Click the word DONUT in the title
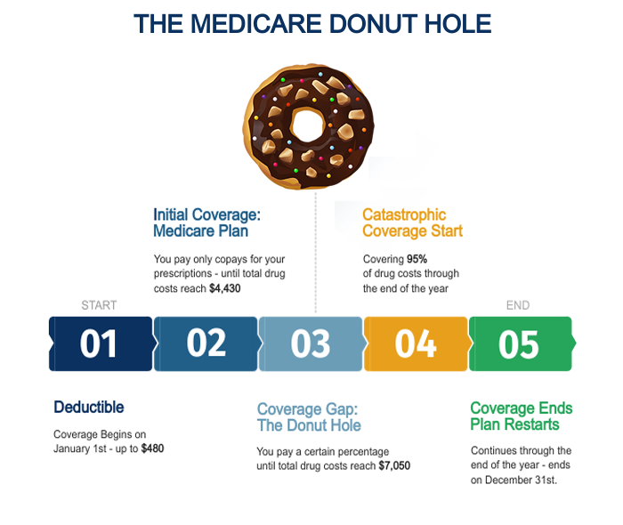[x=373, y=24]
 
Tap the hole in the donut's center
[x=308, y=125]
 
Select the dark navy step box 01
[x=101, y=343]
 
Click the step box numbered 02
[x=206, y=343]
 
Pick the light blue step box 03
[x=311, y=343]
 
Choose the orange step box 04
[x=416, y=343]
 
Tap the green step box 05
[x=522, y=343]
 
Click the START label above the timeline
[x=99, y=305]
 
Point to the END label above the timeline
[x=518, y=305]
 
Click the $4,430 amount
[x=225, y=288]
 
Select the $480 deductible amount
[x=152, y=448]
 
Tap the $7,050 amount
[x=394, y=465]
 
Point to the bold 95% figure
[x=417, y=259]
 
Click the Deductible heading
[x=89, y=407]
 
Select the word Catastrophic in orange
[x=404, y=214]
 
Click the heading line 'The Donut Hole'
[x=309, y=425]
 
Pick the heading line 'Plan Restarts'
[x=515, y=424]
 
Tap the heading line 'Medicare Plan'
[x=201, y=231]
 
